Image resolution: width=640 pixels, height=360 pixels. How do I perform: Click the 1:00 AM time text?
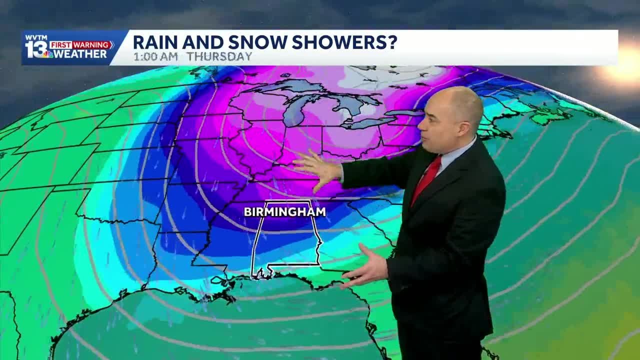pos(155,56)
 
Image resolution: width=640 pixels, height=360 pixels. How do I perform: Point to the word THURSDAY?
pos(218,56)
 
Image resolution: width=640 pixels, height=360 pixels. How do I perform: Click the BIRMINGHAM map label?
pos(284,212)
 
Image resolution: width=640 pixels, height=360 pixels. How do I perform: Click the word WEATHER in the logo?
pos(80,54)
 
